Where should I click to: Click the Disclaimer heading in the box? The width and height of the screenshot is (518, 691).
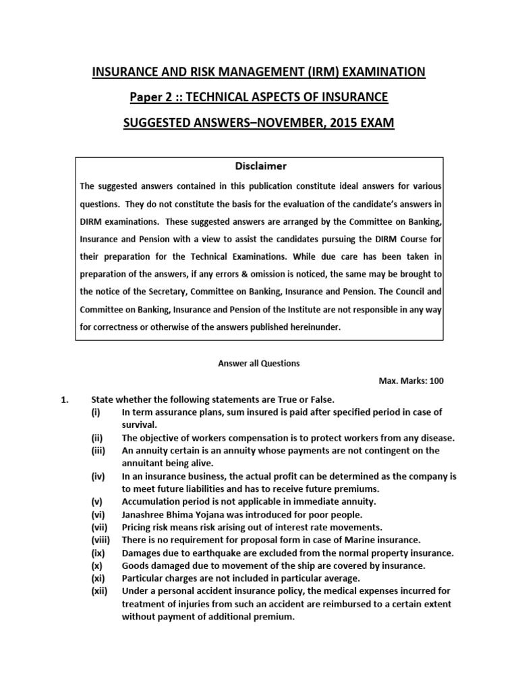click(259, 166)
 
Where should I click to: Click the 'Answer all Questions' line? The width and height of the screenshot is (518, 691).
click(259, 363)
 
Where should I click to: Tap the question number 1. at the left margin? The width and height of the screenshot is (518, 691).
click(66, 399)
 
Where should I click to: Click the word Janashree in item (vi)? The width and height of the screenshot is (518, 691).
click(143, 514)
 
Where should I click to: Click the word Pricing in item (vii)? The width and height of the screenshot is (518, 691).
click(137, 527)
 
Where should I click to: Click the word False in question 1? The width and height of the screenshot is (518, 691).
click(321, 399)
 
